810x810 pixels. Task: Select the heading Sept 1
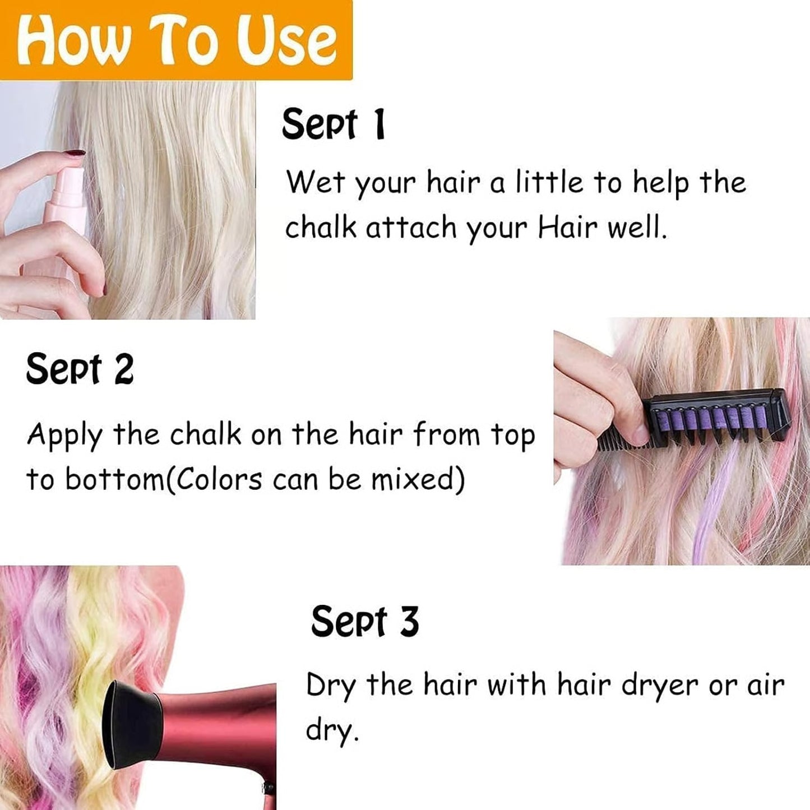(334, 124)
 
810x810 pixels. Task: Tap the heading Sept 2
(80, 369)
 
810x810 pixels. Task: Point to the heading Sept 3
(365, 622)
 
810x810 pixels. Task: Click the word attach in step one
(411, 228)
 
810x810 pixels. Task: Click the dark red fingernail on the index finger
(73, 152)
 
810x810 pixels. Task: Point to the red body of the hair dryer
(224, 729)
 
